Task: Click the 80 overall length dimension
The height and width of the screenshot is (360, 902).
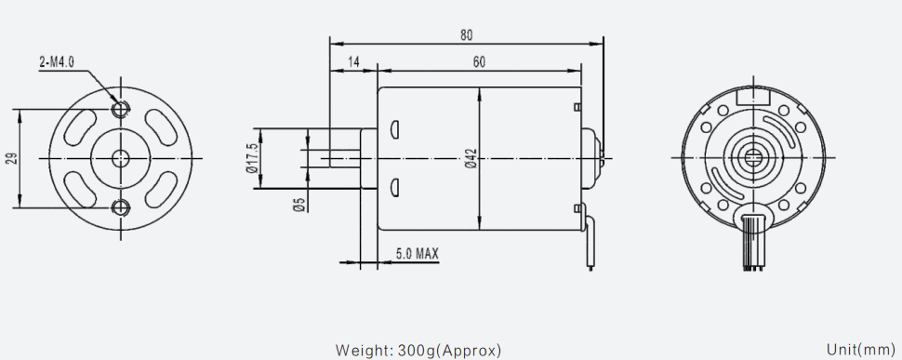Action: pyautogui.click(x=466, y=35)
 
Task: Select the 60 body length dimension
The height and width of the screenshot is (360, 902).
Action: pyautogui.click(x=479, y=62)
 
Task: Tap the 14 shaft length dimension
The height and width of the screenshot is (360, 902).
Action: pyautogui.click(x=353, y=62)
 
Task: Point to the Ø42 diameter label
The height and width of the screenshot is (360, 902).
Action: pyautogui.click(x=471, y=158)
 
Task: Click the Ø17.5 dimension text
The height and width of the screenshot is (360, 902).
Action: pyautogui.click(x=251, y=158)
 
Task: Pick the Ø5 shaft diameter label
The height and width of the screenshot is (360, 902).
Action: pyautogui.click(x=298, y=205)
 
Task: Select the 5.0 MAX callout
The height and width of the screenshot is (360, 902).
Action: pyautogui.click(x=418, y=253)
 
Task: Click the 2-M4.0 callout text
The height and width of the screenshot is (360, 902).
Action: pyautogui.click(x=57, y=62)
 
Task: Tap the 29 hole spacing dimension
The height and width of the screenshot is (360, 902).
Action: pyautogui.click(x=12, y=158)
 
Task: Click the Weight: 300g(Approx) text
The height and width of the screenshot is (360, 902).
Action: pyautogui.click(x=418, y=350)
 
